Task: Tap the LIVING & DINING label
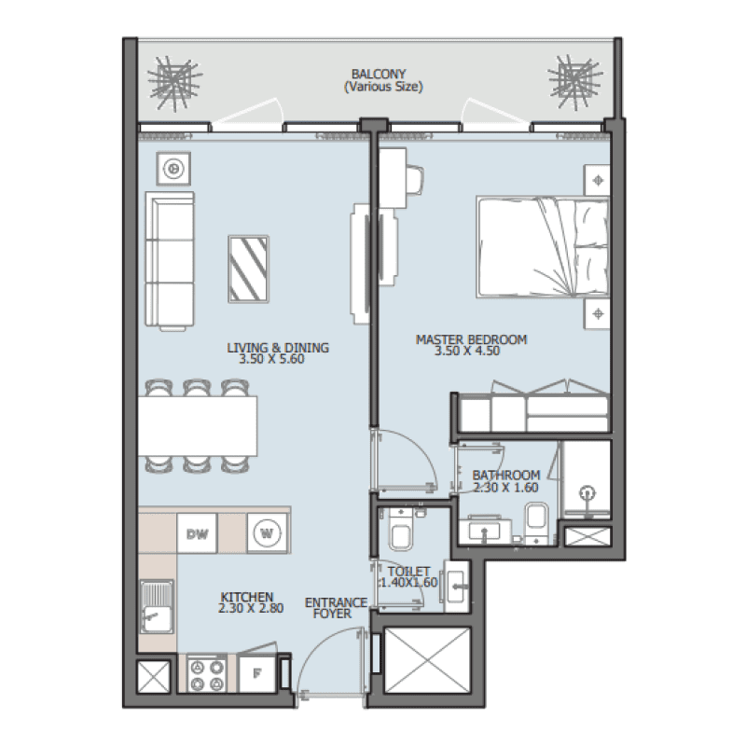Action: [278, 348]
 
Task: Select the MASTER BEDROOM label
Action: [471, 339]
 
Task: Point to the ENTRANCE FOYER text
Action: [335, 609]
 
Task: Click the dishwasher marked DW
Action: [197, 533]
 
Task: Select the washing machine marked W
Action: [265, 533]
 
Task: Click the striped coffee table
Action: [251, 268]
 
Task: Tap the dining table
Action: [198, 424]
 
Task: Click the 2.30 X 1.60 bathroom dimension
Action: [505, 486]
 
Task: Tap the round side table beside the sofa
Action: [173, 169]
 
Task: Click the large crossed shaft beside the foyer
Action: [423, 660]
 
